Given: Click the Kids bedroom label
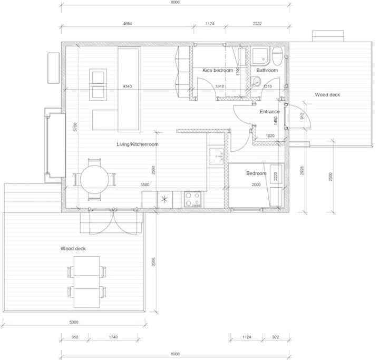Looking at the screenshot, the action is pyautogui.click(x=218, y=70).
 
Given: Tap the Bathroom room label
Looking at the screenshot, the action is pyautogui.click(x=267, y=70).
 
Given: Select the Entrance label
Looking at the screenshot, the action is pyautogui.click(x=270, y=112).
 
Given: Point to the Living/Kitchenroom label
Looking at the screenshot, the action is pyautogui.click(x=138, y=144).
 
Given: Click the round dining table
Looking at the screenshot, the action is pyautogui.click(x=94, y=179).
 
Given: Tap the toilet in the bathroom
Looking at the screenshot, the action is pyautogui.click(x=277, y=56).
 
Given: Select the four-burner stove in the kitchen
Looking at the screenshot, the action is pyautogui.click(x=192, y=199).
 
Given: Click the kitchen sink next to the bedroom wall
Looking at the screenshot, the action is pyautogui.click(x=216, y=157).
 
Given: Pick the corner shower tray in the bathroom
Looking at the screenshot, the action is pyautogui.click(x=260, y=56).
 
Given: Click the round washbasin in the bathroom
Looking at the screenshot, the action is pyautogui.click(x=255, y=82).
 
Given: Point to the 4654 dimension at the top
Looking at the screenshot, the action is pyautogui.click(x=128, y=24).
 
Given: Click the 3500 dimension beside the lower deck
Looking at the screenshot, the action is pyautogui.click(x=153, y=262).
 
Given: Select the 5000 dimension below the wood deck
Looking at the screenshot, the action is pyautogui.click(x=74, y=322).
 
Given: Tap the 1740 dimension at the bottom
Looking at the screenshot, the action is pyautogui.click(x=113, y=337).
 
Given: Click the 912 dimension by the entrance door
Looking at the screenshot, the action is pyautogui.click(x=302, y=116).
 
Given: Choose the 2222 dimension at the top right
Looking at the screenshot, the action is pyautogui.click(x=257, y=24).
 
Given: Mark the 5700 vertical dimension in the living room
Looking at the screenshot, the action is pyautogui.click(x=75, y=127).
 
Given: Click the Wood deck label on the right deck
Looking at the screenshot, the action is pyautogui.click(x=327, y=95).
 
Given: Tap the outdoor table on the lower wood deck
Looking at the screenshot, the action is pyautogui.click(x=87, y=282).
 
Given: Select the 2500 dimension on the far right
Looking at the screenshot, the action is pyautogui.click(x=331, y=177).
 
